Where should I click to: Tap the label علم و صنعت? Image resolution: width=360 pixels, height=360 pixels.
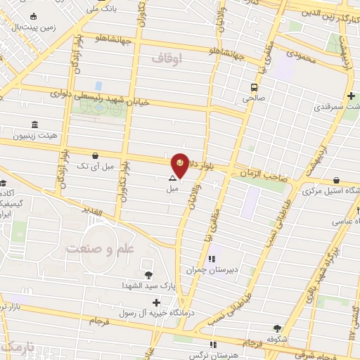coord(101,248)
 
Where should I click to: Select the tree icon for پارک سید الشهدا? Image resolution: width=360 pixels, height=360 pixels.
coord(148,275)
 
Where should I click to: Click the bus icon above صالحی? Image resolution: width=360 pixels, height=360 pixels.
coord(252,88)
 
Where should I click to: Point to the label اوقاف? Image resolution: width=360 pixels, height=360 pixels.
coord(186,62)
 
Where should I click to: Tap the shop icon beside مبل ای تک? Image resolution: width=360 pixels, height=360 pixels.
coord(95,155)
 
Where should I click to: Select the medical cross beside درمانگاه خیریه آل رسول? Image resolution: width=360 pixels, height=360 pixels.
coord(155,302)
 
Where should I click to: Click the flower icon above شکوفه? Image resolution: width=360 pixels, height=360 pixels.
coord(277,328)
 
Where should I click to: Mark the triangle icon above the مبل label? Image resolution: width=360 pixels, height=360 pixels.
coord(172,179)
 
